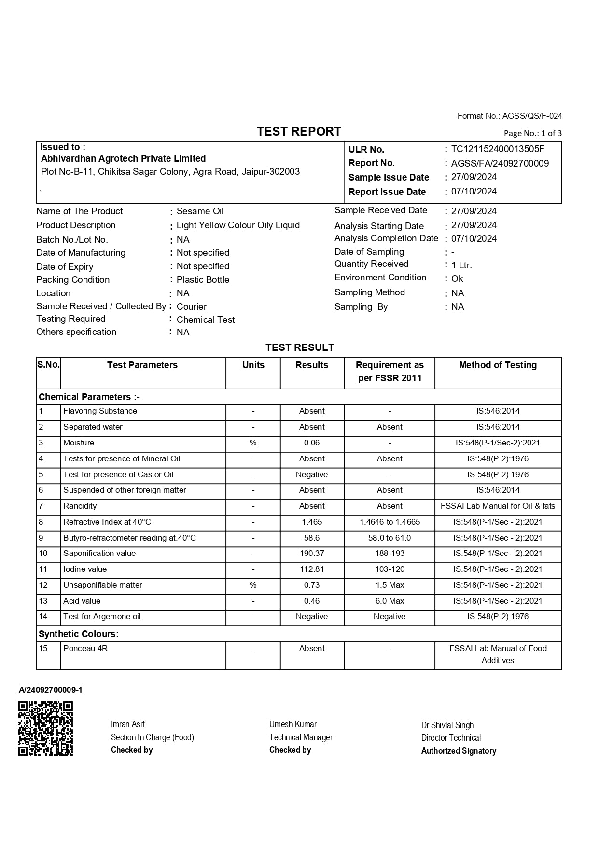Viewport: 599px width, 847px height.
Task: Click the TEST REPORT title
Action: pyautogui.click(x=299, y=132)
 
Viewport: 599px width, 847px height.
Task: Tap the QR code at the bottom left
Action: pyautogui.click(x=45, y=728)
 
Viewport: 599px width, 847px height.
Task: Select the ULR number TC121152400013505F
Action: pyautogui.click(x=498, y=149)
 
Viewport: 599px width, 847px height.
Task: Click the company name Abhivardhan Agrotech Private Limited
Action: pyautogui.click(x=123, y=159)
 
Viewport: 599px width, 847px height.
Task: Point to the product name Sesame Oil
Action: pyautogui.click(x=200, y=211)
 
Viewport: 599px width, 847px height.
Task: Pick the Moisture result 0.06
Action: pyautogui.click(x=312, y=443)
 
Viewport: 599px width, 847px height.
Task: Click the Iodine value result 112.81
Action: pyautogui.click(x=312, y=569)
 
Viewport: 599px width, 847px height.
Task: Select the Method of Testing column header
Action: pyautogui.click(x=498, y=365)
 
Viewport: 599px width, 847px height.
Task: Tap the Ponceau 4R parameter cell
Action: pyautogui.click(x=85, y=649)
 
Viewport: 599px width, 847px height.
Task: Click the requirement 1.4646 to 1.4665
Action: pyautogui.click(x=390, y=522)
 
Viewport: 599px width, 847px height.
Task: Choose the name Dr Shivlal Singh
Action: pyautogui.click(x=447, y=725)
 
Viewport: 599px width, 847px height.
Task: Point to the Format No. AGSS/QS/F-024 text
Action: pyautogui.click(x=509, y=116)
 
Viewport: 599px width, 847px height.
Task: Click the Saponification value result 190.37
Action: pyautogui.click(x=312, y=554)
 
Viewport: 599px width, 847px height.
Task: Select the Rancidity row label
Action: pyautogui.click(x=80, y=506)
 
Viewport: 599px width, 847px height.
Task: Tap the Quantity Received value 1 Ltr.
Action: pyautogui.click(x=461, y=265)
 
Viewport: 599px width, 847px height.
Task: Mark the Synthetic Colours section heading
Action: pyautogui.click(x=79, y=634)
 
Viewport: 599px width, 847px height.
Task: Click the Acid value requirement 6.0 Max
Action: pyautogui.click(x=390, y=601)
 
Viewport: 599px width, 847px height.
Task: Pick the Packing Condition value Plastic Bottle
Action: pyautogui.click(x=203, y=280)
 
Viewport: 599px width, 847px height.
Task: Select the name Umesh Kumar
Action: pyautogui.click(x=293, y=724)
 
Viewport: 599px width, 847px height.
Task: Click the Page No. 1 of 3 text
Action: pyautogui.click(x=532, y=134)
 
